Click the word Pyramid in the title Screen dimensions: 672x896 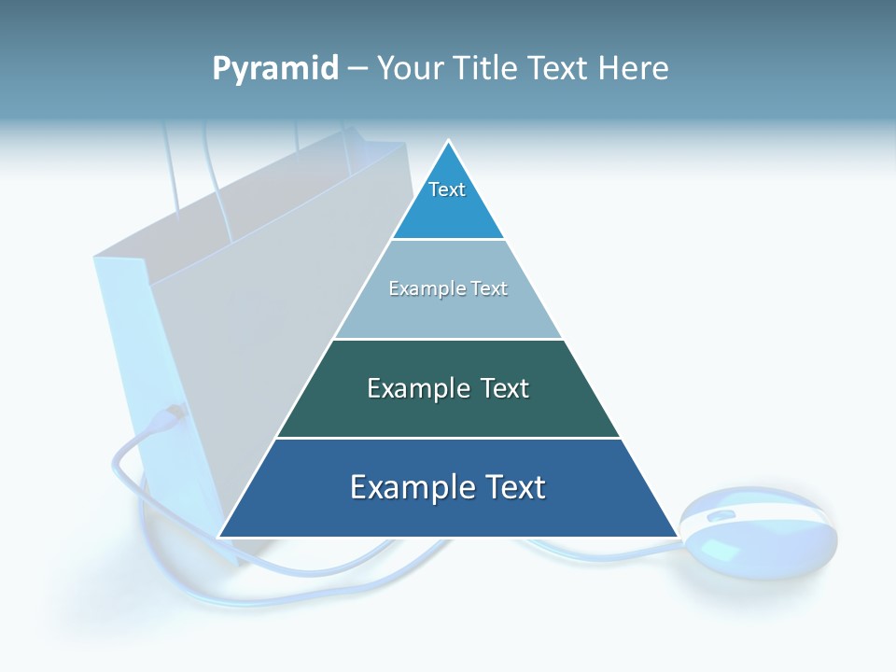click(275, 68)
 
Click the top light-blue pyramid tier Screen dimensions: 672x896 click(448, 210)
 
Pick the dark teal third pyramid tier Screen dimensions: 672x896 click(448, 411)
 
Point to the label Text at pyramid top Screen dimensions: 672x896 click(447, 189)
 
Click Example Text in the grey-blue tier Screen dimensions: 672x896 click(448, 288)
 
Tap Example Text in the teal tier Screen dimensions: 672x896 click(448, 388)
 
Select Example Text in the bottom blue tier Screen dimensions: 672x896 click(448, 487)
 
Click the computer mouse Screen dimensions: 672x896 click(757, 534)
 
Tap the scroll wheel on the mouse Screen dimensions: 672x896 click(721, 516)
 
